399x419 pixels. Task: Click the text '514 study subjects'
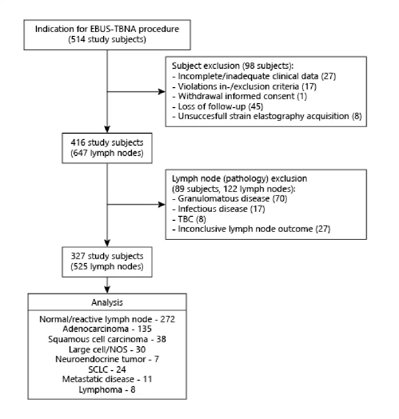tap(107, 40)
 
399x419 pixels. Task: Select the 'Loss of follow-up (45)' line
tap(217, 106)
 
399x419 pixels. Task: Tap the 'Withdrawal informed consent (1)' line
tap(240, 96)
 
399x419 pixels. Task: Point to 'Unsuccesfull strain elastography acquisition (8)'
tap(267, 116)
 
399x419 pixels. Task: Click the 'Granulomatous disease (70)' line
tap(229, 199)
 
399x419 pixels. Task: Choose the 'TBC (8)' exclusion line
tap(189, 219)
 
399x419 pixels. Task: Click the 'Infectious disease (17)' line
tap(218, 209)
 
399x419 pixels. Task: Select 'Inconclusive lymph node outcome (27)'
tap(251, 229)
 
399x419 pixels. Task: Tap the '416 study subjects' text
tap(107, 143)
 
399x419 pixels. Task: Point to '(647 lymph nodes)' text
tap(107, 153)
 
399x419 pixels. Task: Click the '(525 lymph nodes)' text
tap(107, 266)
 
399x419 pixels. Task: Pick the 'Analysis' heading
tap(107, 302)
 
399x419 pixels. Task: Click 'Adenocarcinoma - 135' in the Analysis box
tap(107, 329)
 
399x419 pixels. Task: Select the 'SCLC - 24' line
tap(107, 369)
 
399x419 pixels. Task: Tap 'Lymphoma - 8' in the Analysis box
tap(107, 390)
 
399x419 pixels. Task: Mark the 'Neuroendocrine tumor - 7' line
tap(107, 359)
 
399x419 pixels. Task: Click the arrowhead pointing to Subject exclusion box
tap(161, 92)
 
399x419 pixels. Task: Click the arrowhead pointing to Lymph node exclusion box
tap(161, 205)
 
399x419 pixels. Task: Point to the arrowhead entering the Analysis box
tap(107, 290)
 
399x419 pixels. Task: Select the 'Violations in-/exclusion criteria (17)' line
tap(244, 86)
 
